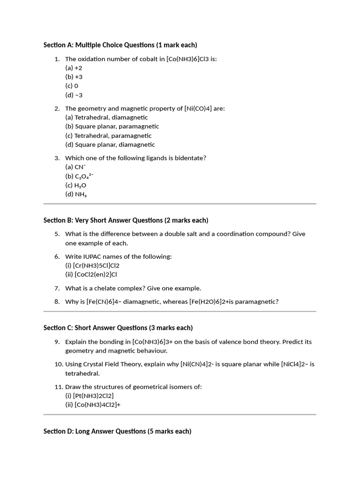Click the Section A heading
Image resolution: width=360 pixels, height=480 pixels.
pos(120,45)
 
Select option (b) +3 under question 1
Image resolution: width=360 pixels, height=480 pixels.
pos(74,77)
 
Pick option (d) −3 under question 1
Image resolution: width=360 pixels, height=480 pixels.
pos(74,95)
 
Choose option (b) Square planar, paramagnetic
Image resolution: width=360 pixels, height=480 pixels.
pos(112,127)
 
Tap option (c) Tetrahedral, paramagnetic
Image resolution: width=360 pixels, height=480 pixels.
pos(108,135)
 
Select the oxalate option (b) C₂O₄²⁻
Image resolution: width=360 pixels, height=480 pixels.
pos(79,176)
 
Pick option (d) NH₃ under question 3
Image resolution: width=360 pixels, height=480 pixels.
pos(76,195)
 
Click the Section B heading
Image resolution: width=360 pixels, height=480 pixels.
pos(126,220)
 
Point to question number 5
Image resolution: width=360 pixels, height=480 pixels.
pos(57,234)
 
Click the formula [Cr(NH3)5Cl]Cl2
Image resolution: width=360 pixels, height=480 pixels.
pos(96,266)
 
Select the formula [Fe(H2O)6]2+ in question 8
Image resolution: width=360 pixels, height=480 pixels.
pos(210,302)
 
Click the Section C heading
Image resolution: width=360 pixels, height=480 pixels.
pos(118,328)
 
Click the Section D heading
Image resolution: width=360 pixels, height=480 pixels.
pos(117,431)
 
